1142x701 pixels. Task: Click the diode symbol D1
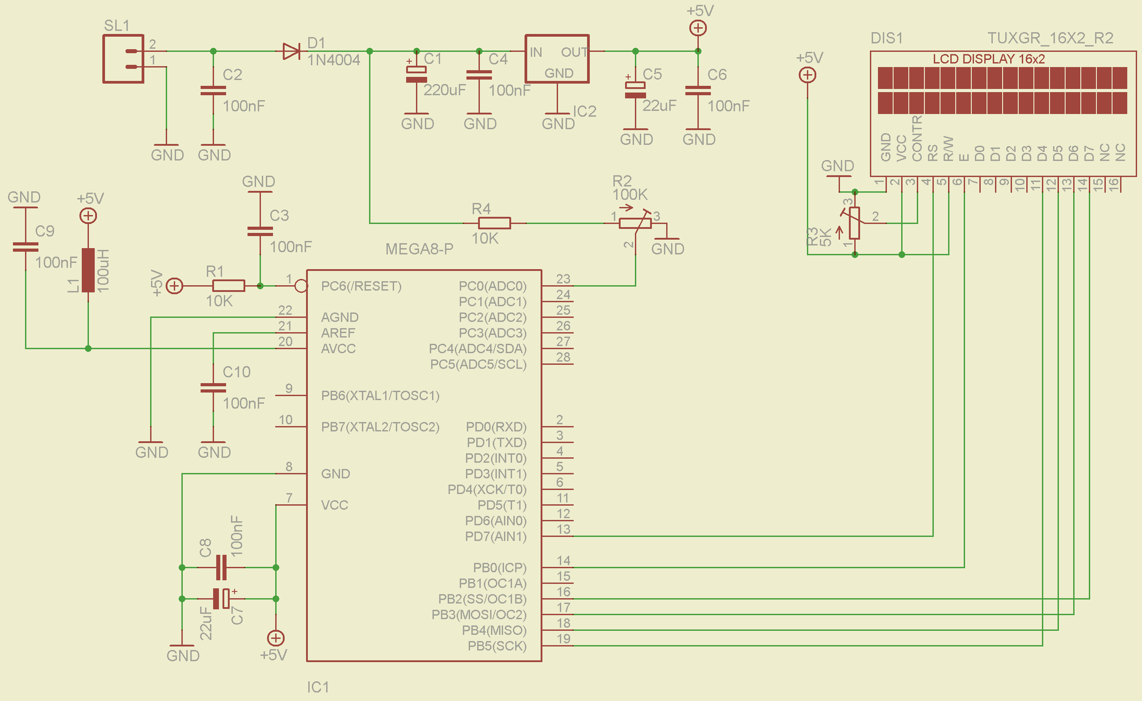[x=291, y=51]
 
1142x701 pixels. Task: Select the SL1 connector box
[x=123, y=59]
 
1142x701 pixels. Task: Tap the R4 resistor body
[x=495, y=223]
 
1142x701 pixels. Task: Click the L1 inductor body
[x=88, y=270]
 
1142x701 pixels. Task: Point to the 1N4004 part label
[x=334, y=60]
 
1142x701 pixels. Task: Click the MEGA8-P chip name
[x=420, y=249]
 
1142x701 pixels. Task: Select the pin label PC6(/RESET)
[x=361, y=286]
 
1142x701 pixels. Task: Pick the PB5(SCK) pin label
[x=497, y=646]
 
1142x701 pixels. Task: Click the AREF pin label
[x=338, y=333]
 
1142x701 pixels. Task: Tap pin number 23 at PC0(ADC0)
[x=563, y=279]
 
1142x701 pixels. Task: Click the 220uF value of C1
[x=445, y=90]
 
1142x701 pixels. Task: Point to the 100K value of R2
[x=630, y=195]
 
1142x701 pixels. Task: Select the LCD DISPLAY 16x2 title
[x=989, y=59]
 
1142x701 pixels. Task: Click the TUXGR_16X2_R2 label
[x=1050, y=38]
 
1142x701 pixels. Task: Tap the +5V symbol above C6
[x=698, y=28]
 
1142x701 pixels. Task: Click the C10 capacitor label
[x=236, y=372]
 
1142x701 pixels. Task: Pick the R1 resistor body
[x=228, y=286]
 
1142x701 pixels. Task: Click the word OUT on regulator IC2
[x=574, y=52]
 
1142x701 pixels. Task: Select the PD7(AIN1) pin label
[x=496, y=536]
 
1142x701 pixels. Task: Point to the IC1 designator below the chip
[x=318, y=687]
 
